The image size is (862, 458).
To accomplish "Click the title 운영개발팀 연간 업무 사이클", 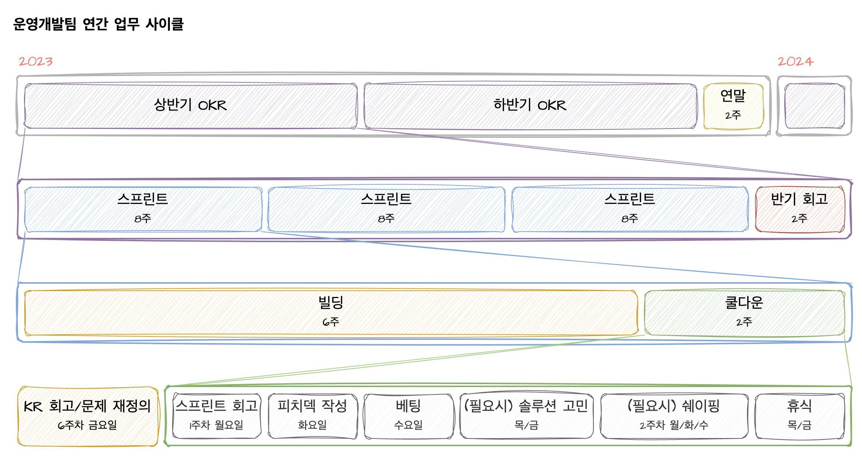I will [x=98, y=24].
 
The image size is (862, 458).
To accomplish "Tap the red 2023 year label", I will [x=36, y=61].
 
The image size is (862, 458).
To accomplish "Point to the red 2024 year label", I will [x=795, y=61].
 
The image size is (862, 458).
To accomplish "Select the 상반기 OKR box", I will [x=190, y=106].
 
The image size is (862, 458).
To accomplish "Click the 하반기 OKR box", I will [x=530, y=106].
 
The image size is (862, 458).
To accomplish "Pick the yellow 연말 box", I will [x=733, y=106].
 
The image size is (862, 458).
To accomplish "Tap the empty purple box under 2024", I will [x=814, y=106].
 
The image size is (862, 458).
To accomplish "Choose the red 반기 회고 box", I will [x=800, y=209].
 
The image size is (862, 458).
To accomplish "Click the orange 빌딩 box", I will [x=331, y=313].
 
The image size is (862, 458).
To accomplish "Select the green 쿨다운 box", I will [x=744, y=313].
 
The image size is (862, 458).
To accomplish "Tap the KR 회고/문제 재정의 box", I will [x=88, y=416].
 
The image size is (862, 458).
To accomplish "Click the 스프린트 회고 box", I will [x=217, y=416].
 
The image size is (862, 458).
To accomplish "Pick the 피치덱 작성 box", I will [x=313, y=416].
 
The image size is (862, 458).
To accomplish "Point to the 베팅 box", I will [x=408, y=416].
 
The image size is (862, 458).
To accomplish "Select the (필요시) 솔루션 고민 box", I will [x=527, y=416].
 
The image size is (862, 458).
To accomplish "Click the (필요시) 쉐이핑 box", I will [x=674, y=416].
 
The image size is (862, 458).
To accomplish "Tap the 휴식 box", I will [x=800, y=416].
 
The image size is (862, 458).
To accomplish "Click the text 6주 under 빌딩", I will [x=331, y=322].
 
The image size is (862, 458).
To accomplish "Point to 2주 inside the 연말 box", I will [x=733, y=116].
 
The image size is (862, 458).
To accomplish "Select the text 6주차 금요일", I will [x=87, y=425].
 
